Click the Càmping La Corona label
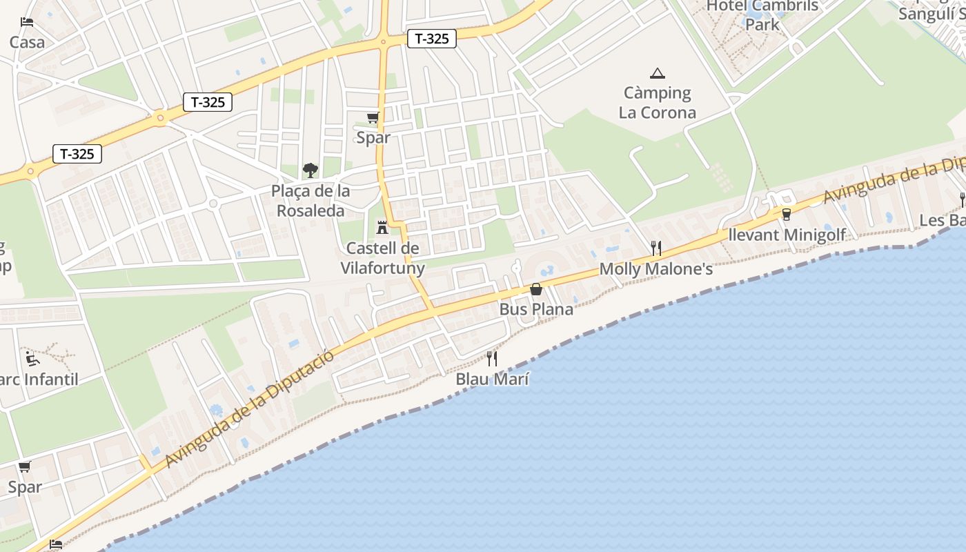coord(657,102)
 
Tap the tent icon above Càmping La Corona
coord(657,73)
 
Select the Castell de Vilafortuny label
coord(382,257)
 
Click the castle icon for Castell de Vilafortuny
coord(382,228)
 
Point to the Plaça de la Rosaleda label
coord(310,201)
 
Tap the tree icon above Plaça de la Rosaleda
coord(310,170)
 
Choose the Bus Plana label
coord(536,309)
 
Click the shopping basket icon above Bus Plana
coord(536,289)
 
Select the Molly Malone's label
coord(655,269)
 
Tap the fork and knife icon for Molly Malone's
coord(656,248)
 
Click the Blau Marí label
coord(492,379)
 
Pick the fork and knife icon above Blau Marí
coord(492,358)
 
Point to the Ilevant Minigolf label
coord(787,235)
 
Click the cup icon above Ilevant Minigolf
coord(786,215)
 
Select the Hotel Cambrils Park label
coord(762,15)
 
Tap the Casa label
coord(27,42)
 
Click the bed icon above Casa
coord(27,22)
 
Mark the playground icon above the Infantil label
coord(32,359)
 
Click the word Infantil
coord(51,379)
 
